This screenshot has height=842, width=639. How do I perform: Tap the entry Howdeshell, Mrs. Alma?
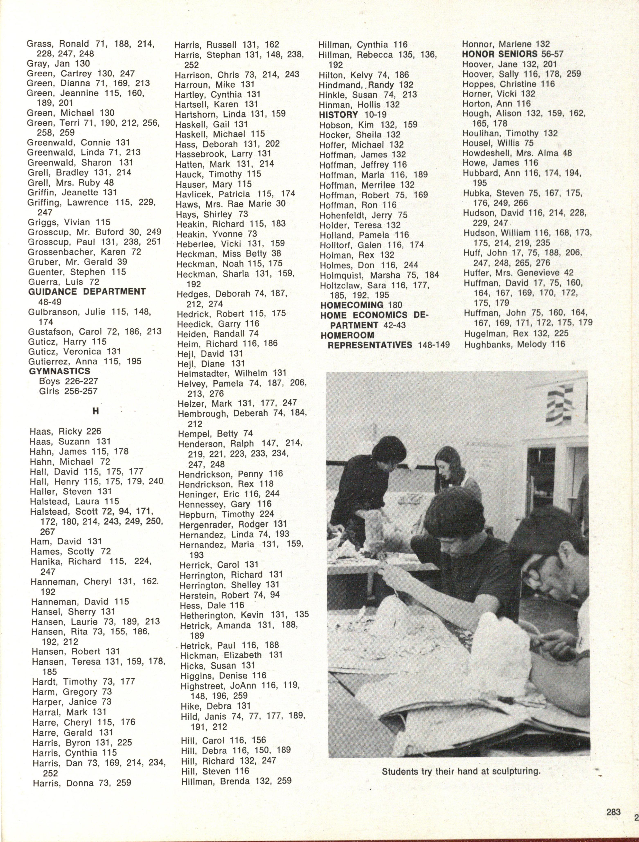[517, 153]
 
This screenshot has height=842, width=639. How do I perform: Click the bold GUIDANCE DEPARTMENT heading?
[87, 292]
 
